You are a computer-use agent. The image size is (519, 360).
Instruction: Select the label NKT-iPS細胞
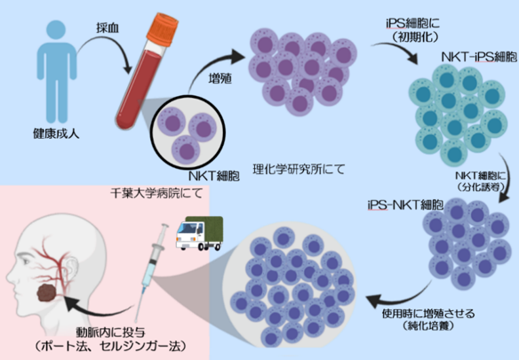click(x=468, y=56)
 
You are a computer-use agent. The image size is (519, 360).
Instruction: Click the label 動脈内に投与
click(x=110, y=326)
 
